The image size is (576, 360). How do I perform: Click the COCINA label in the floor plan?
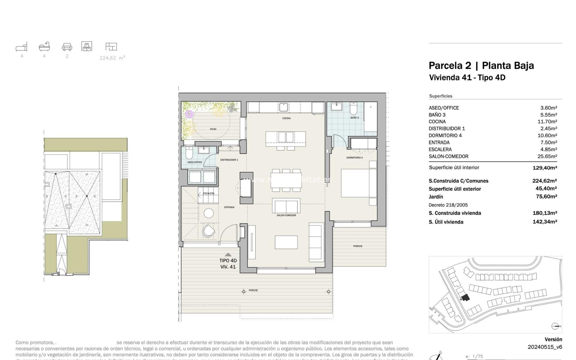286,118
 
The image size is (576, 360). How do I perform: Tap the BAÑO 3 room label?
354,118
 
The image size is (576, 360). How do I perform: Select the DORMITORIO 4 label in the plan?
354,157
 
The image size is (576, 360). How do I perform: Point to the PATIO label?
213,129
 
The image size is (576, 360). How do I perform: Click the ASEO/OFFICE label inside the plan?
195,162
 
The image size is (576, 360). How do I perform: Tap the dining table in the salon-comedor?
286,180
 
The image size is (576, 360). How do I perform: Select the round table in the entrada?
209,213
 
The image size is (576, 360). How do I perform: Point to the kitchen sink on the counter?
283,107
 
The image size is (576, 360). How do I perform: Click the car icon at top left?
67,47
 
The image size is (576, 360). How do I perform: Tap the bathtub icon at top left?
44,46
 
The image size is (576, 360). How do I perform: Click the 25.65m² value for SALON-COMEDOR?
547,156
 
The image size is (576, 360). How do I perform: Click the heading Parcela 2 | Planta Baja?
481,65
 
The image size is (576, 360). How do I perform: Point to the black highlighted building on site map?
465,298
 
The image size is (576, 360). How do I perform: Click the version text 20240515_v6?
544,347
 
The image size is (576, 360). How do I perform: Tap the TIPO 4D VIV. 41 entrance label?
228,264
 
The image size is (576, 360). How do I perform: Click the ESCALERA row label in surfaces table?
440,149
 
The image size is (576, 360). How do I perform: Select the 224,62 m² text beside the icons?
112,58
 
